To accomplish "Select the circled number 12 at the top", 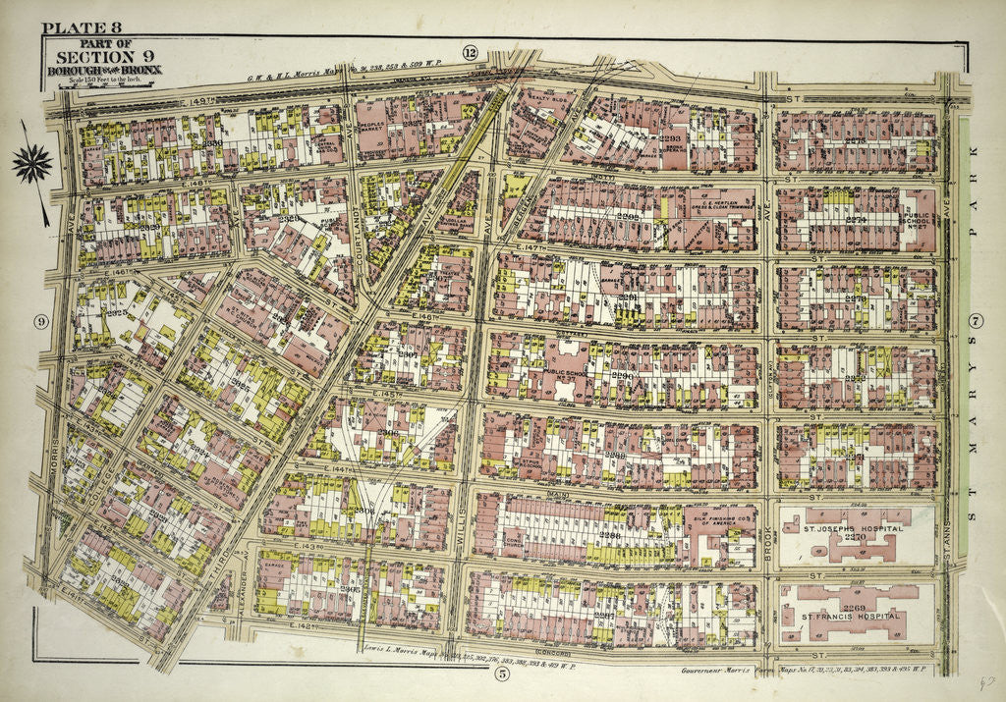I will pyautogui.click(x=470, y=52).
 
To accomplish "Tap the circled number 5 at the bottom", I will pyautogui.click(x=502, y=673).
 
